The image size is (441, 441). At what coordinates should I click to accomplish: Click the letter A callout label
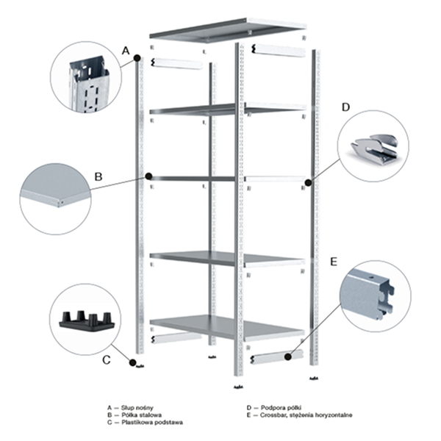[x=126, y=51]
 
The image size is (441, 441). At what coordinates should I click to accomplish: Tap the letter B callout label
[x=98, y=177]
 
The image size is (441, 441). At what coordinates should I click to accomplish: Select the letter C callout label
[x=107, y=360]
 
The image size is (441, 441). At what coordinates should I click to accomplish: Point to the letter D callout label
[x=345, y=107]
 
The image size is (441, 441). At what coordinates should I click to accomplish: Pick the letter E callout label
[x=334, y=262]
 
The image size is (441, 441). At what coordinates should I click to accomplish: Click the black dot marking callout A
[x=137, y=58]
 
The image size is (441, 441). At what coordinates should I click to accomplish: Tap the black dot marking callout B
[x=148, y=176]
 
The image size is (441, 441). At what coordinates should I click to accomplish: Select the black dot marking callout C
[x=132, y=363]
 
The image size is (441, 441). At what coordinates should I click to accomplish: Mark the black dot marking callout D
[x=308, y=183]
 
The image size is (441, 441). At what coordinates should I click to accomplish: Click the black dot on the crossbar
[x=287, y=356]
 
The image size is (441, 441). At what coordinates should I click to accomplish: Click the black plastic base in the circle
[x=87, y=321]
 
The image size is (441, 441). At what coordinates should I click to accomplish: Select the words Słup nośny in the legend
[x=137, y=407]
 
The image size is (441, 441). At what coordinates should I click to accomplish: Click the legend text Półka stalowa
[x=141, y=415]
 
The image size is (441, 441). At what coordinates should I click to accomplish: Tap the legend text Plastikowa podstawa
[x=152, y=422]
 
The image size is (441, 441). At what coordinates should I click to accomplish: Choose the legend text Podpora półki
[x=282, y=407]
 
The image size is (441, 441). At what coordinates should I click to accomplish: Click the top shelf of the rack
[x=228, y=30]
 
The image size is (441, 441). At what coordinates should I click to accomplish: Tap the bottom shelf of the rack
[x=226, y=326]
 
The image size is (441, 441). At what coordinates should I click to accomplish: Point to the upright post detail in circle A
[x=87, y=85]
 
